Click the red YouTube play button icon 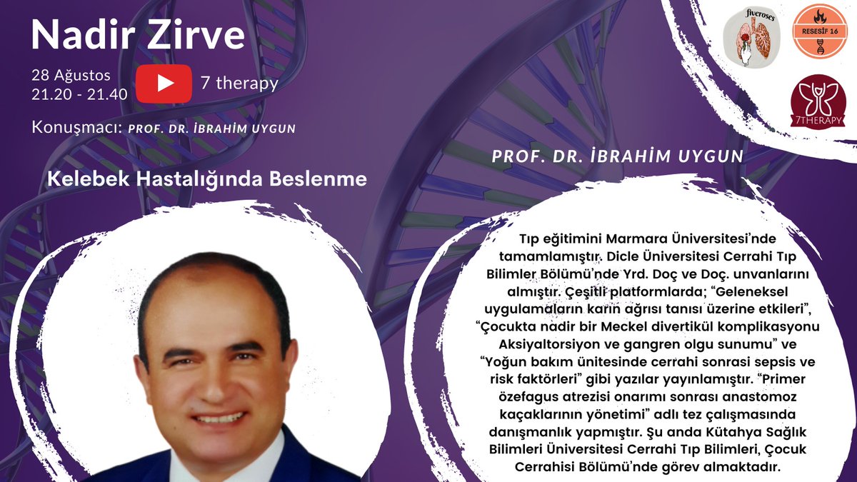click(164, 83)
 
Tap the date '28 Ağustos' click(71, 75)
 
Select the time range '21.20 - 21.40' click(79, 94)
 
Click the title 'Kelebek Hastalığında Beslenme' click(207, 179)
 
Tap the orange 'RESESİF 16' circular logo click(819, 31)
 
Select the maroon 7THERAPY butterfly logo click(819, 101)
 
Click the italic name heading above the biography click(618, 156)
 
